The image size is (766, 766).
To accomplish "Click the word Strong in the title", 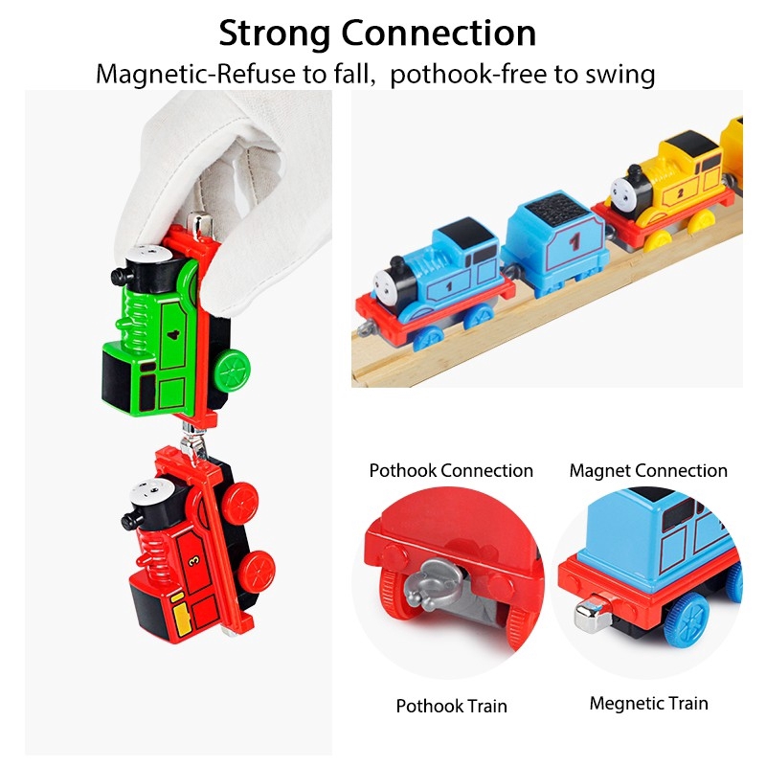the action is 275,33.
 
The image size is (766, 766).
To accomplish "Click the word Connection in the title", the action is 439,33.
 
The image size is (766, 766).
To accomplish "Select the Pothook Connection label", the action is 451,471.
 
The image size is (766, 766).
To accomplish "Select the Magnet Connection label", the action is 648,471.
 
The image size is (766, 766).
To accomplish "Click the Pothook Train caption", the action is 452,707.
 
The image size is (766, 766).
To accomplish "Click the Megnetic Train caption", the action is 648,704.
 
